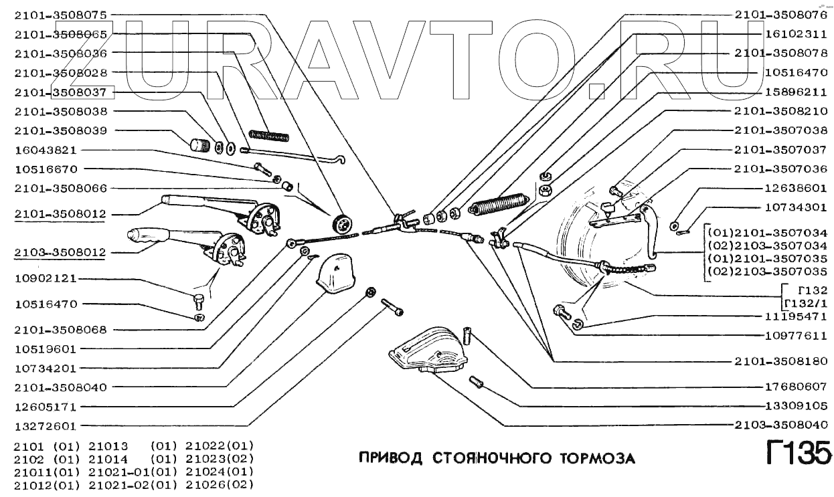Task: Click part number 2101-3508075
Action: tap(61, 14)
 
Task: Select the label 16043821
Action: tap(46, 150)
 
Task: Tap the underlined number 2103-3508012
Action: tap(61, 254)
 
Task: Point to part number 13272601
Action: tap(46, 426)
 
